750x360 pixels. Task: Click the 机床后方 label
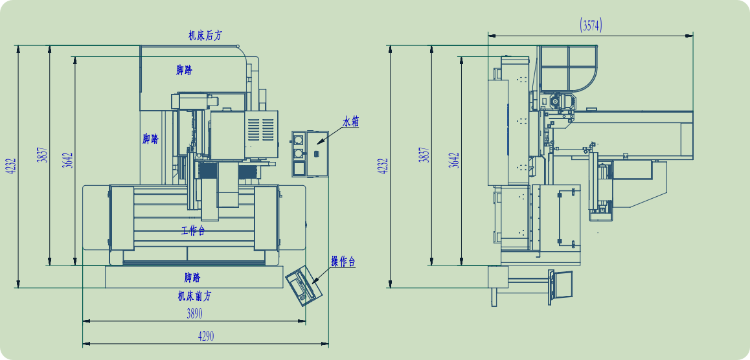tap(205, 36)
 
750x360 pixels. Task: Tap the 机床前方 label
tap(194, 297)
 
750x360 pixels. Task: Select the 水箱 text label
tap(350, 122)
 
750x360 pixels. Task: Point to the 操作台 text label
tap(343, 262)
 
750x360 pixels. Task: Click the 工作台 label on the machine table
tap(193, 231)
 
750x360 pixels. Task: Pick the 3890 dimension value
tap(194, 313)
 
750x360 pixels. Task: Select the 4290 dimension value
tap(206, 337)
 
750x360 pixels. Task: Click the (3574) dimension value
tap(591, 25)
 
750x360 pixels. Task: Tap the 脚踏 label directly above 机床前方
tap(192, 277)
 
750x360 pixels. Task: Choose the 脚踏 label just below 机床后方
tap(184, 71)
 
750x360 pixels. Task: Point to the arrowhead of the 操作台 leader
tap(315, 282)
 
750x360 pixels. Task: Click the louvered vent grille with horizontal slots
tap(260, 131)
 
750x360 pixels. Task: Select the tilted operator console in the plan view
tap(304, 285)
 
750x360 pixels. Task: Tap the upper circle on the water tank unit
tap(299, 140)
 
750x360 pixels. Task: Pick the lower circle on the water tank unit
tap(299, 153)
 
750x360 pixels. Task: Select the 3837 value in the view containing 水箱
tap(42, 154)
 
